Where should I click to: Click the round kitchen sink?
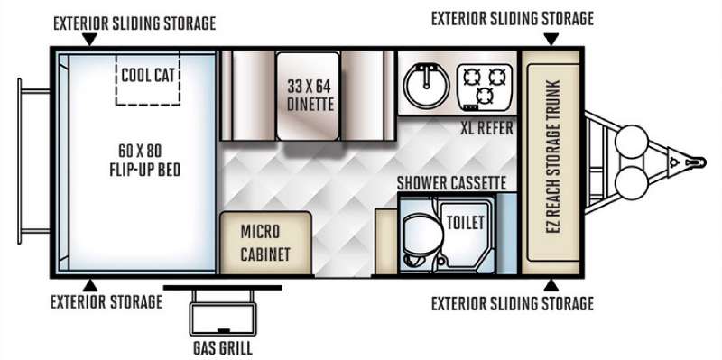point(426,86)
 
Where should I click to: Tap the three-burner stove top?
point(485,87)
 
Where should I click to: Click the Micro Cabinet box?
point(265,243)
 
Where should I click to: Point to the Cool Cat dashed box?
point(147,78)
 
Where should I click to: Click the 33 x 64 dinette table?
point(309,96)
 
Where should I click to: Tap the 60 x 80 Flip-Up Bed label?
point(144,161)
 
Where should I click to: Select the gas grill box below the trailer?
point(223,313)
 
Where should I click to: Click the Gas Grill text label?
point(222,347)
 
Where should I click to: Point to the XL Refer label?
point(486,128)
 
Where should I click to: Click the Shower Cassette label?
point(452,183)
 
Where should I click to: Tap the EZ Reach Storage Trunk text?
point(554,156)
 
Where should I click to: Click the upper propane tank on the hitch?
point(631,142)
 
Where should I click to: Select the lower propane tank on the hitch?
point(631,183)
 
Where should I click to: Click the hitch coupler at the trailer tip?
point(693,162)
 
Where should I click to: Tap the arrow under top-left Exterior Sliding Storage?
point(89,40)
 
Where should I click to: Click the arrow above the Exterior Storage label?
point(90,285)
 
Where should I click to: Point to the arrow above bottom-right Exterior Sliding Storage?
point(551,285)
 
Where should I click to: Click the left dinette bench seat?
point(248,96)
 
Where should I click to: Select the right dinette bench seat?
point(368,96)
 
